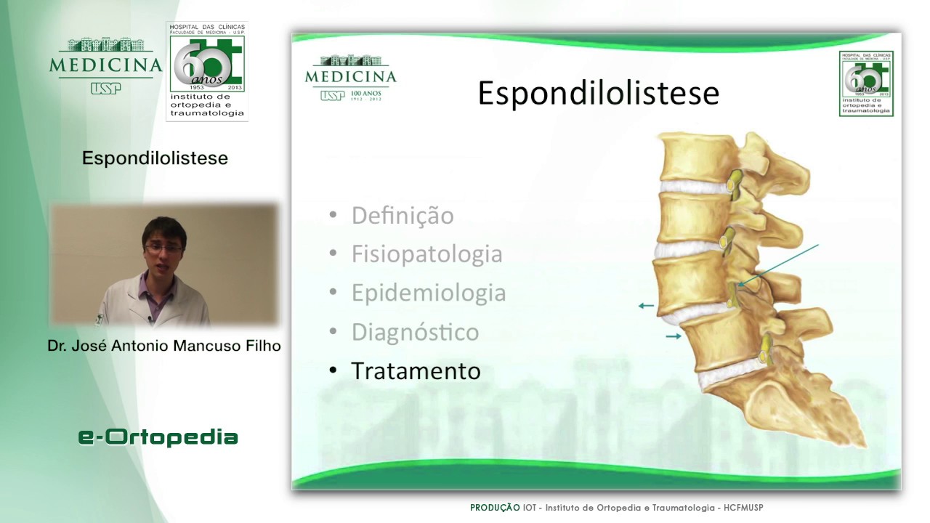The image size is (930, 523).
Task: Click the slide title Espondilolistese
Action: point(598,94)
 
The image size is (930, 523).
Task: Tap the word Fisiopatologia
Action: point(426,254)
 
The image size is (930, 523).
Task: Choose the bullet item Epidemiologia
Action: point(428,293)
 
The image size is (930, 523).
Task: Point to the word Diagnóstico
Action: point(415,332)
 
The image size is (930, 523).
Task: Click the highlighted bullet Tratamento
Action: point(416,371)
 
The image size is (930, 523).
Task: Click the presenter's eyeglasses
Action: point(163,248)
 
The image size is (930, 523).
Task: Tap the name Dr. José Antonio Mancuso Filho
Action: point(164,346)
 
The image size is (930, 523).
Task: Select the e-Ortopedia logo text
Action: point(158,437)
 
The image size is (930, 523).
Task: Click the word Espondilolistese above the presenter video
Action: point(155,158)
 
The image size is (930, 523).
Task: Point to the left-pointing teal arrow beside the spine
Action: point(645,306)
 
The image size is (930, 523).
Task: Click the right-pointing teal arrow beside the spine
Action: point(674,336)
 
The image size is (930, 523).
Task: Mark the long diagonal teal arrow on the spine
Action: point(777,264)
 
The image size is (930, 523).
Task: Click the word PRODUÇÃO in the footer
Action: point(494,508)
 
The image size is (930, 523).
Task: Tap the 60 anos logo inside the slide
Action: point(866,84)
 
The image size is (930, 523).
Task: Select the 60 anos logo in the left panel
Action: point(207,70)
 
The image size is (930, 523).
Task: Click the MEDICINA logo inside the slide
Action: point(350,78)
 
